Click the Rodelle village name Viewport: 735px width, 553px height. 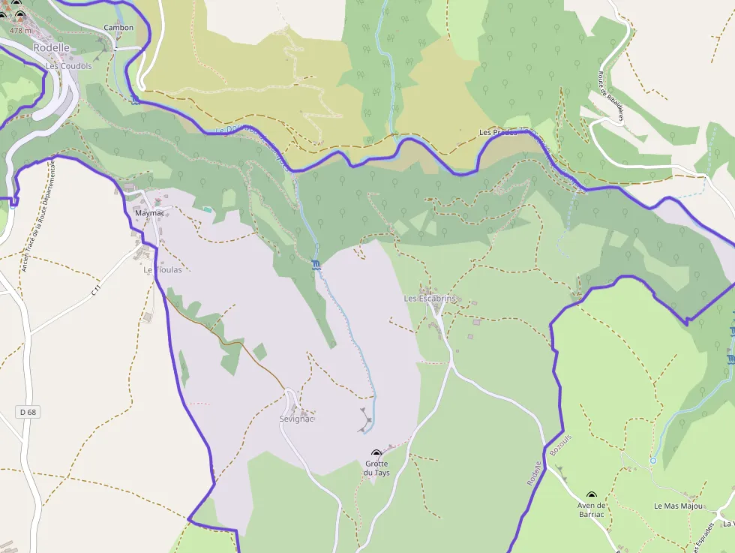pyautogui.click(x=51, y=47)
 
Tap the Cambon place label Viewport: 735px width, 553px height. pyautogui.click(x=118, y=28)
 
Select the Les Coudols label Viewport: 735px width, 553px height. pyautogui.click(x=69, y=66)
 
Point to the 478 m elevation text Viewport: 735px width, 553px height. pyautogui.click(x=20, y=31)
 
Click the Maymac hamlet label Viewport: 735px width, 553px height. pyautogui.click(x=149, y=213)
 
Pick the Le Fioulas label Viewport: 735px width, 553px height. pyautogui.click(x=163, y=270)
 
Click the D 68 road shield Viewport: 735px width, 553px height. pyautogui.click(x=26, y=412)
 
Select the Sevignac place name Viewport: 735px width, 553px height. pyautogui.click(x=296, y=419)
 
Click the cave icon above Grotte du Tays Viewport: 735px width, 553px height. pyautogui.click(x=376, y=454)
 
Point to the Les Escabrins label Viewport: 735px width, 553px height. pyautogui.click(x=430, y=299)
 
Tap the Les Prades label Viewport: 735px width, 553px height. pyautogui.click(x=498, y=133)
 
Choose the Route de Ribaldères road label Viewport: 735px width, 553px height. pyautogui.click(x=601, y=88)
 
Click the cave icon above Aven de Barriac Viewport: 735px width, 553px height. pyautogui.click(x=591, y=496)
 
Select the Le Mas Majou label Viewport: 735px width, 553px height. pyautogui.click(x=679, y=506)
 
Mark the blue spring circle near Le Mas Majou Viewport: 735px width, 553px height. pyautogui.click(x=652, y=460)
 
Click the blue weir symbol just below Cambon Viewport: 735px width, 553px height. pyautogui.click(x=134, y=100)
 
